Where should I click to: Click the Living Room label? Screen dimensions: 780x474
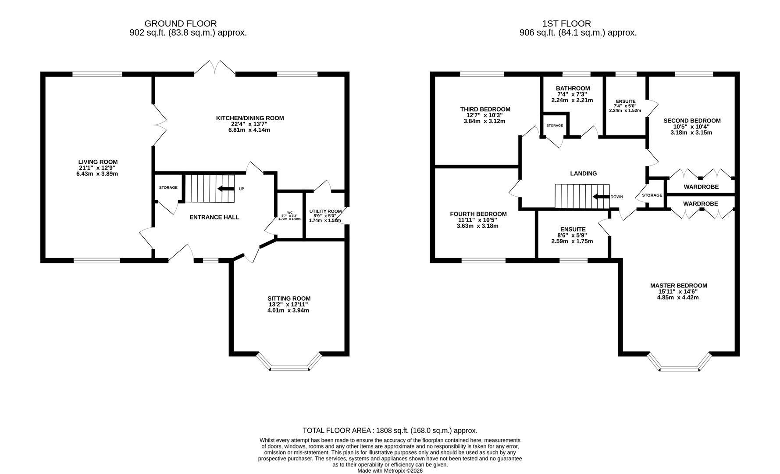98,162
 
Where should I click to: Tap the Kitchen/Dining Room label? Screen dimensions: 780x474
250,118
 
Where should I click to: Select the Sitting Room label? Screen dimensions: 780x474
289,298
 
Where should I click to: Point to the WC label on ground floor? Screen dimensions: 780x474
289,213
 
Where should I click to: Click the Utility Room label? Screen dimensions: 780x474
325,211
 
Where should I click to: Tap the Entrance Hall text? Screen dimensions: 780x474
214,217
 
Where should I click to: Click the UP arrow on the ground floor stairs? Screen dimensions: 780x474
225,189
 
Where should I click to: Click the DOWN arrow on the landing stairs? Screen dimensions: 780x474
601,197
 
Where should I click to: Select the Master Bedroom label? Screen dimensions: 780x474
679,286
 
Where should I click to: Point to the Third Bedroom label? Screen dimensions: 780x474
485,109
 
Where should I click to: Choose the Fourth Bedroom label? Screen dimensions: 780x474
478,214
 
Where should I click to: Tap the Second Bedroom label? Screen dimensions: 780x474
692,121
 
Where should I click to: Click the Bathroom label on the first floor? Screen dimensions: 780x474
573,88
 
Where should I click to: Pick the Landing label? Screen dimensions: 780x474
583,173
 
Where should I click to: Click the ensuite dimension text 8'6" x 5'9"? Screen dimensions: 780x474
573,235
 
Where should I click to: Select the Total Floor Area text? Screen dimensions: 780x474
390,431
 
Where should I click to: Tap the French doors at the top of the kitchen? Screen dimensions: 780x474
214,67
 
